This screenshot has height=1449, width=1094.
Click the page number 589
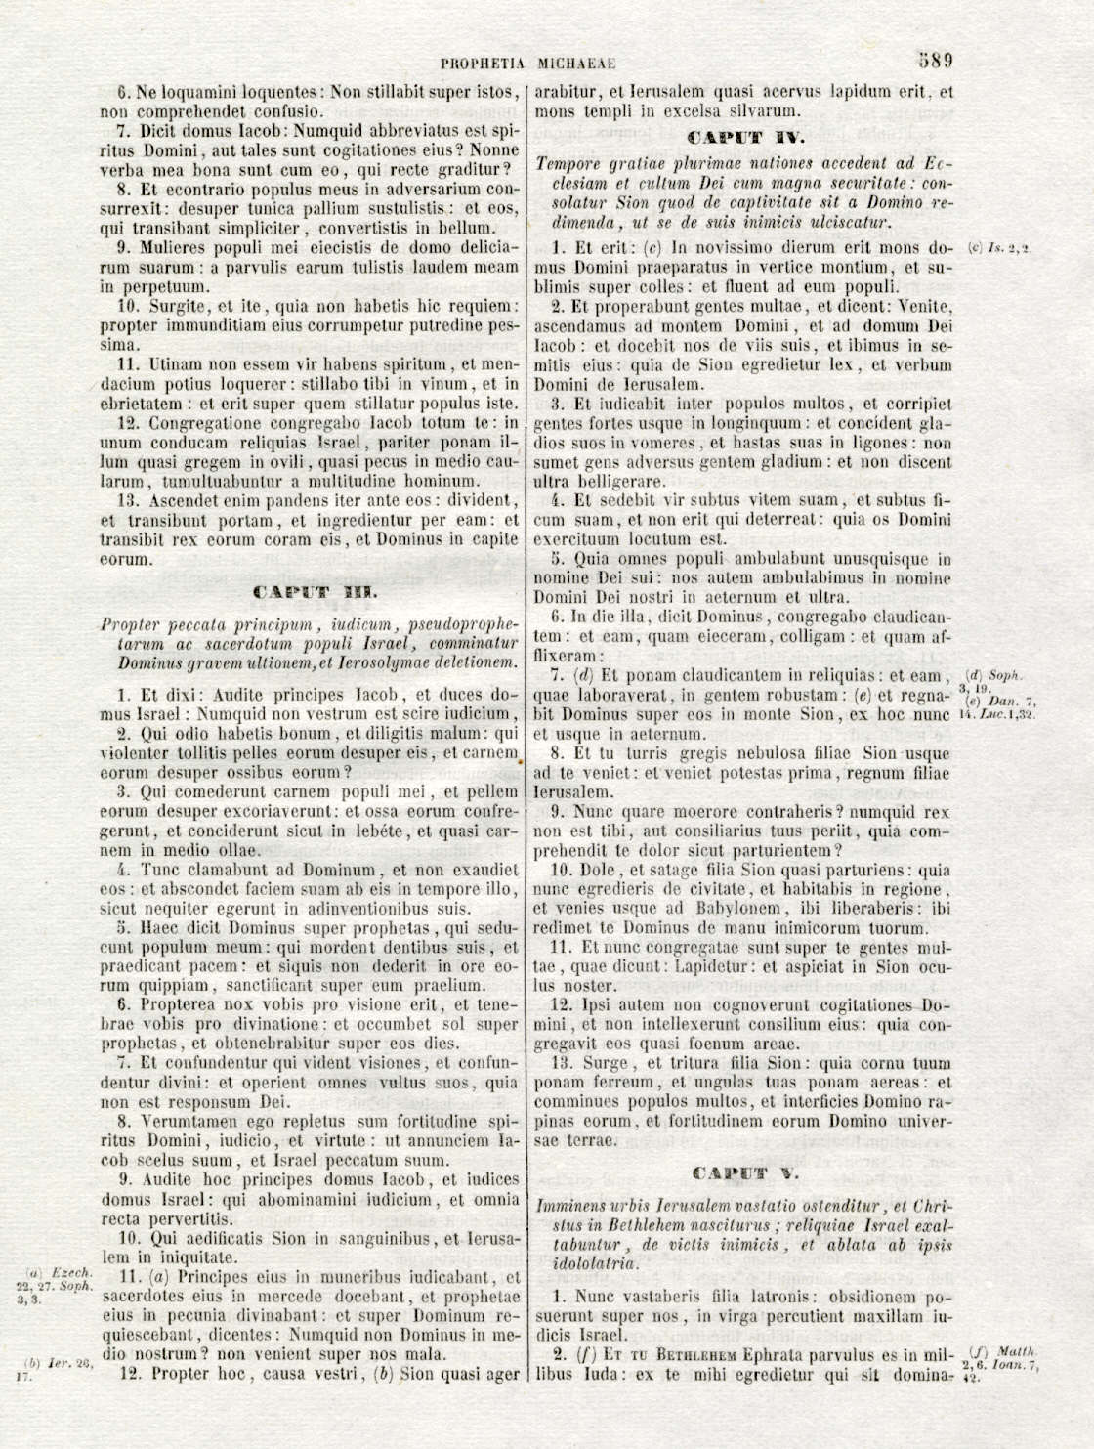pyautogui.click(x=935, y=59)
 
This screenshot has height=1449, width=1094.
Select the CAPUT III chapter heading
pyautogui.click(x=310, y=592)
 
